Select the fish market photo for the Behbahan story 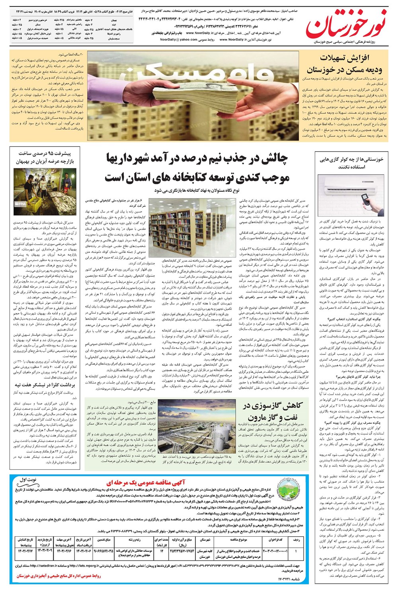click(45, 192)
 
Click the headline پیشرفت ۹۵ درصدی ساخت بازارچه click(45, 158)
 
